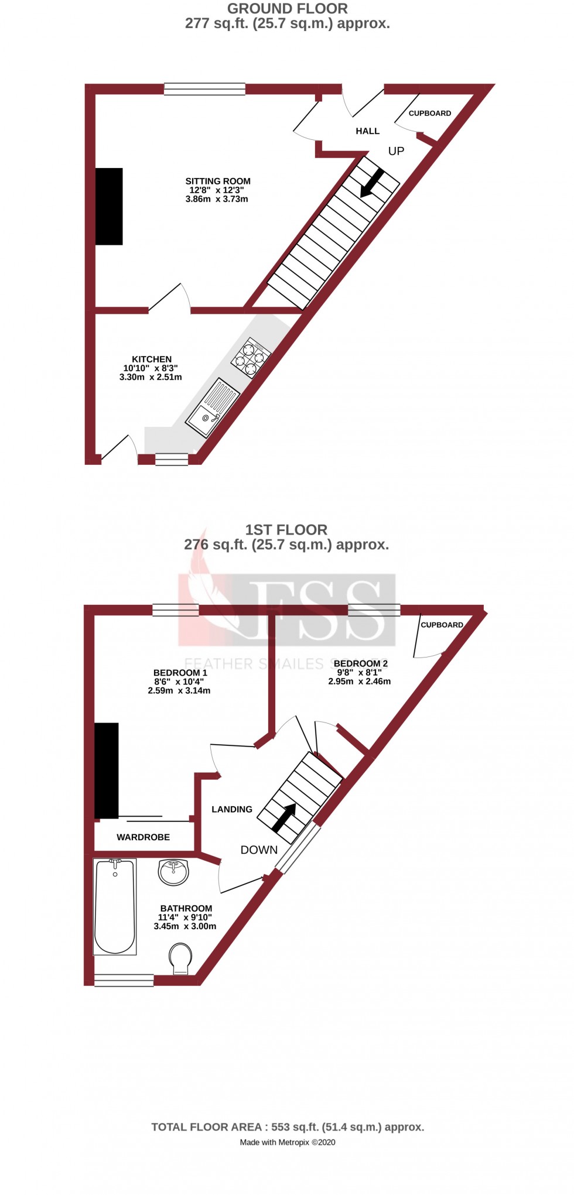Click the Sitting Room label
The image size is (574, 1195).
click(218, 182)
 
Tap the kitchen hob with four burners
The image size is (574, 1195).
click(251, 357)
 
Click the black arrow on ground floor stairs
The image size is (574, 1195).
click(372, 183)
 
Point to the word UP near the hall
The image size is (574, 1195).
click(396, 151)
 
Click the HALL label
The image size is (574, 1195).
click(367, 131)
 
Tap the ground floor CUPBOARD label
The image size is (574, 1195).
click(429, 113)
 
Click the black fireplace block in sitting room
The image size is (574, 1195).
click(109, 206)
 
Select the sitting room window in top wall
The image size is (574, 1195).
click(204, 89)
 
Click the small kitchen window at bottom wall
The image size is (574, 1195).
click(172, 460)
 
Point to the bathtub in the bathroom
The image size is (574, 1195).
click(115, 906)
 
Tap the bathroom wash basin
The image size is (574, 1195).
click(173, 872)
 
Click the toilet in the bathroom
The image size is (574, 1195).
click(180, 958)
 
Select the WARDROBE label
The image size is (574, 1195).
click(143, 837)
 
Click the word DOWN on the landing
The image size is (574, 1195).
click(259, 850)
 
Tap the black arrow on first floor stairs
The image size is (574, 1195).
click(284, 817)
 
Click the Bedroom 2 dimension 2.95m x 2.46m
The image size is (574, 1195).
click(359, 682)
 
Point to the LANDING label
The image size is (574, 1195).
click(232, 809)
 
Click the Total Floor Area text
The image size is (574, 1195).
click(288, 1127)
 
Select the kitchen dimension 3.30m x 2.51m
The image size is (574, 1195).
click(151, 377)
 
